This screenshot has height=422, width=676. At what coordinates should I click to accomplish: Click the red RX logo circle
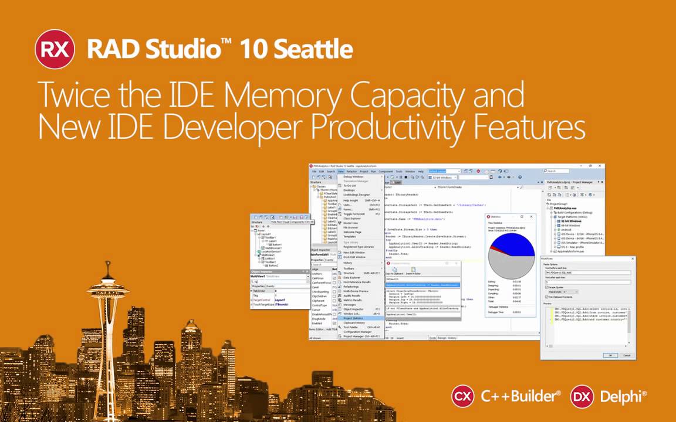click(55, 49)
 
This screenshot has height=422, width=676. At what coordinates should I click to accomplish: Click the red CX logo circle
click(462, 396)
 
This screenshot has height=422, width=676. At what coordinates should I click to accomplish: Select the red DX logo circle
click(581, 396)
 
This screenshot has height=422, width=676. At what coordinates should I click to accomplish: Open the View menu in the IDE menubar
click(340, 171)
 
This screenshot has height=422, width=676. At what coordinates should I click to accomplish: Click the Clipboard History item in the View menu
click(354, 323)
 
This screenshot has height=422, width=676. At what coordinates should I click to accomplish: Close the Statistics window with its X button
click(532, 216)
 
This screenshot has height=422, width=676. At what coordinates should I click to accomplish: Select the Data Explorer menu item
click(352, 277)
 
